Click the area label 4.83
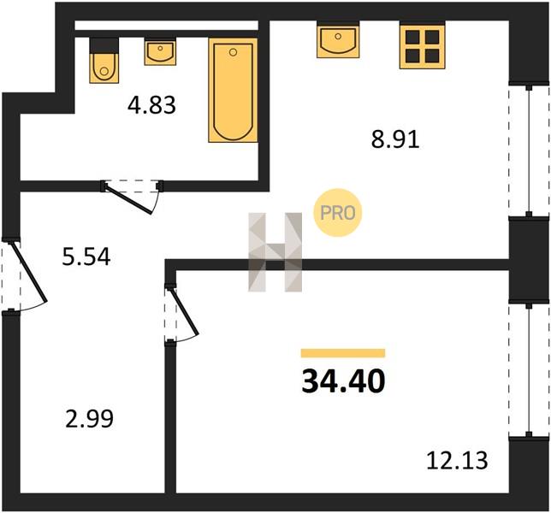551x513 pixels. pyautogui.click(x=151, y=105)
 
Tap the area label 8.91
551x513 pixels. pyautogui.click(x=395, y=139)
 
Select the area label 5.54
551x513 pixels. pyautogui.click(x=86, y=256)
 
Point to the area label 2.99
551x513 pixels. pyautogui.click(x=89, y=419)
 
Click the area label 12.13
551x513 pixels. pyautogui.click(x=457, y=460)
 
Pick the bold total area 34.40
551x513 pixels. pyautogui.click(x=343, y=381)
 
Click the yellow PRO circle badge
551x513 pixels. pyautogui.click(x=337, y=213)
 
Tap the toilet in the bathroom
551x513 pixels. pyautogui.click(x=104, y=61)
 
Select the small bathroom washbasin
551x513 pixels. pyautogui.click(x=160, y=51)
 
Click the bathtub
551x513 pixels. pyautogui.click(x=233, y=91)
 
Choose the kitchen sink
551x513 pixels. pyautogui.click(x=338, y=39)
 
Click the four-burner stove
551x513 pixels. pyautogui.click(x=423, y=45)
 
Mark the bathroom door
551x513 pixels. pyautogui.click(x=132, y=196)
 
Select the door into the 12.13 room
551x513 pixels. pyautogui.click(x=181, y=313)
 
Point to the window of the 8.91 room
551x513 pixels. pyautogui.click(x=529, y=150)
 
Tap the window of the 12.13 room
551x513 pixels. pyautogui.click(x=529, y=371)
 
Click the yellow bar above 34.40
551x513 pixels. pyautogui.click(x=343, y=353)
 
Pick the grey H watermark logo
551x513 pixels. pyautogui.click(x=275, y=252)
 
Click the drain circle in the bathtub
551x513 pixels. pyautogui.click(x=233, y=53)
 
